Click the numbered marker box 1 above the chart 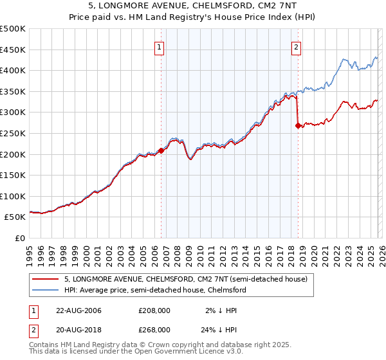(x=159, y=46)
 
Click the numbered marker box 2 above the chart (x=296, y=46)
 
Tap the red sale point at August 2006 (x=161, y=150)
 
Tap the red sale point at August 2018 (x=298, y=126)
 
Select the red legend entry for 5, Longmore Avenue (x=186, y=279)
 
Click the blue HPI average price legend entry (x=155, y=290)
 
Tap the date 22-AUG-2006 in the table (x=78, y=310)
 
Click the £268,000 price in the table (x=154, y=329)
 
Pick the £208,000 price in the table (x=154, y=310)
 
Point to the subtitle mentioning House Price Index (x=192, y=18)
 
